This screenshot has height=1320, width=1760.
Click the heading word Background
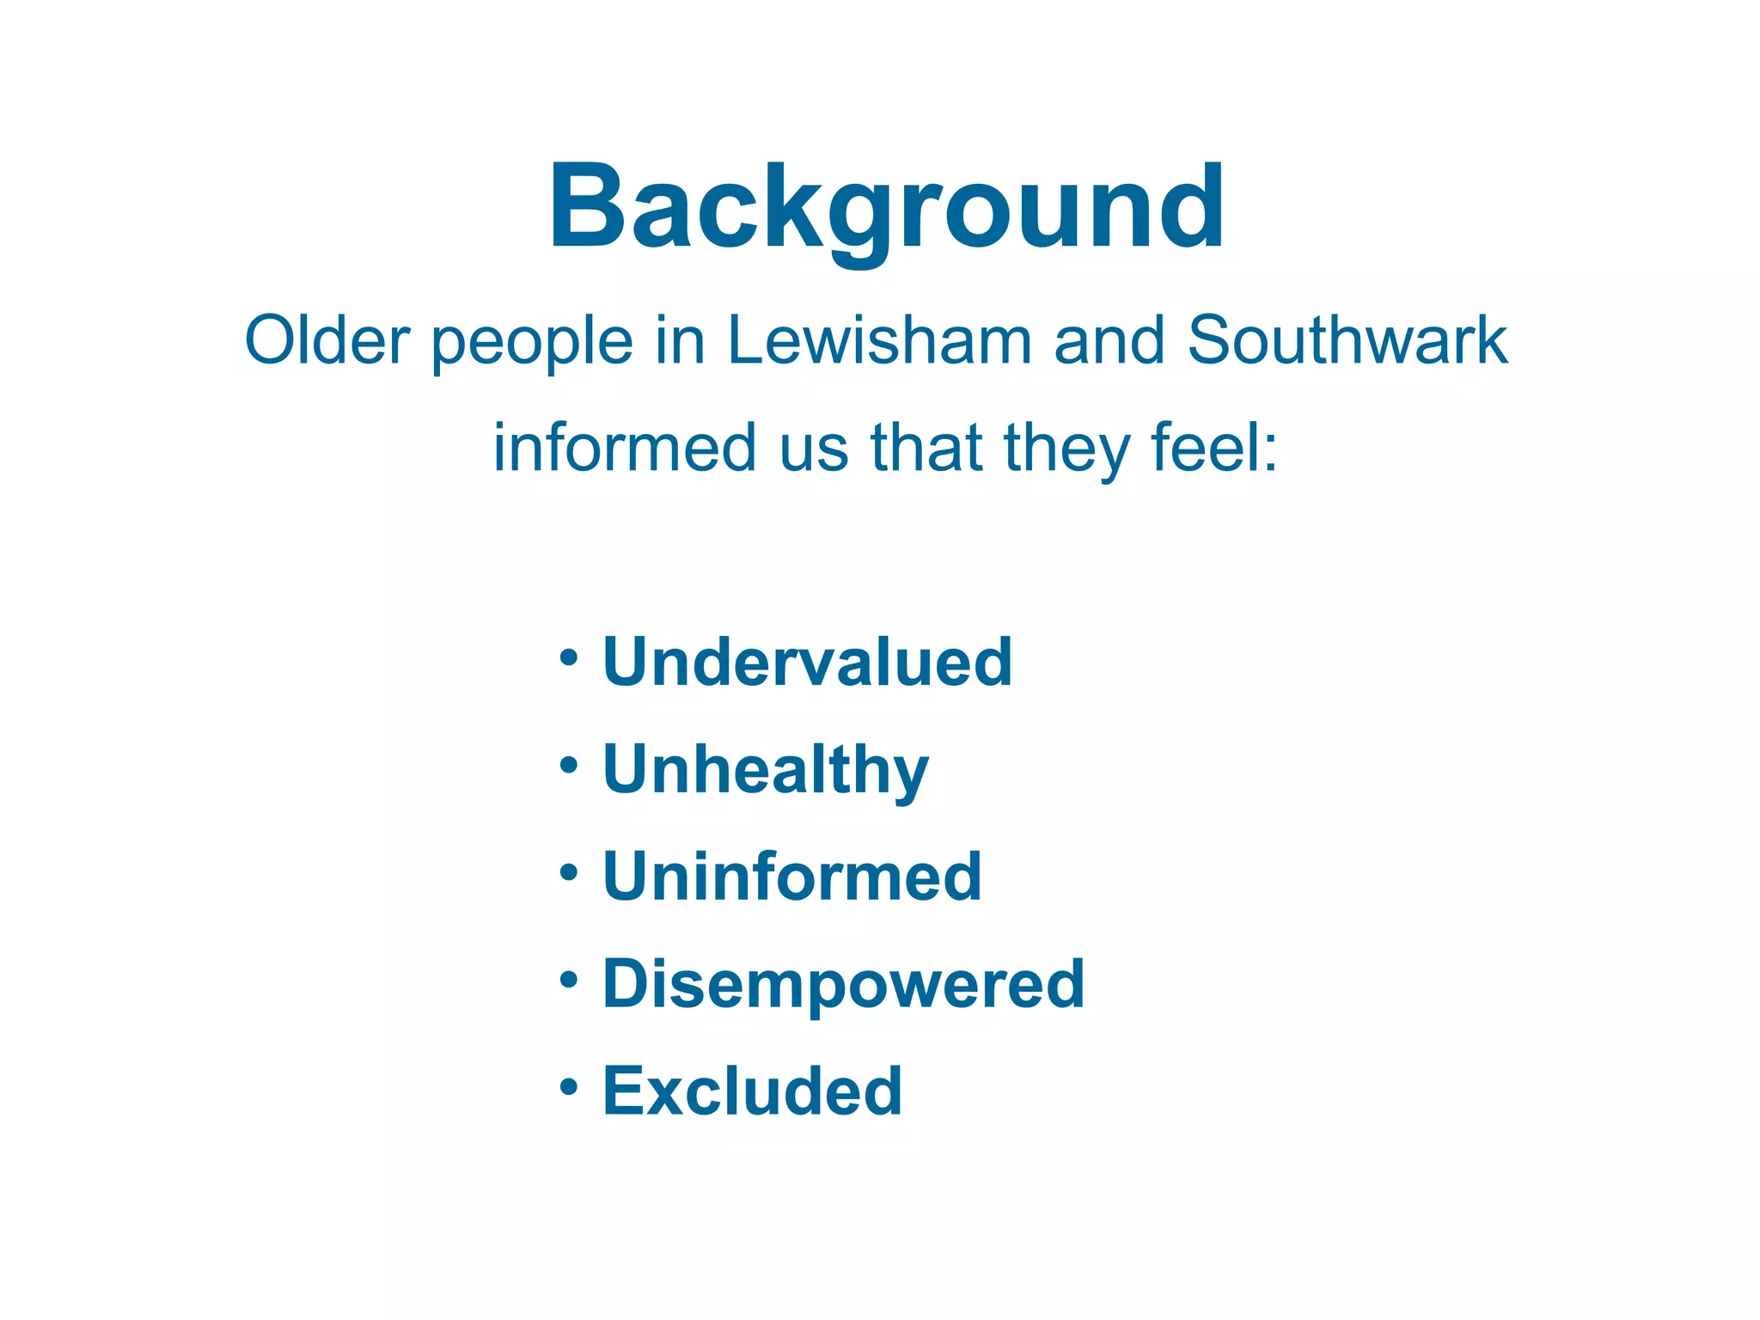(887, 208)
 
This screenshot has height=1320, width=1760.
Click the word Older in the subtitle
(327, 340)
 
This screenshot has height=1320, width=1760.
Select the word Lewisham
(879, 340)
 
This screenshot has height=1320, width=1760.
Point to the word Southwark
(1347, 340)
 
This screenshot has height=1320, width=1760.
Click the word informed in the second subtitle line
(625, 448)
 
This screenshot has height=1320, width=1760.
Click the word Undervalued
(808, 662)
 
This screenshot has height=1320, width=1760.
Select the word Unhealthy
(766, 770)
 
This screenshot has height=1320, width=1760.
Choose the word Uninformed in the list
(792, 877)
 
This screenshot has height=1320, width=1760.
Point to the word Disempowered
(844, 985)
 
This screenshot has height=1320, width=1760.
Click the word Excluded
(753, 1091)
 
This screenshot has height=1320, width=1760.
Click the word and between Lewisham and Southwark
(1109, 340)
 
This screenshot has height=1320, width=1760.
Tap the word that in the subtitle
(926, 448)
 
